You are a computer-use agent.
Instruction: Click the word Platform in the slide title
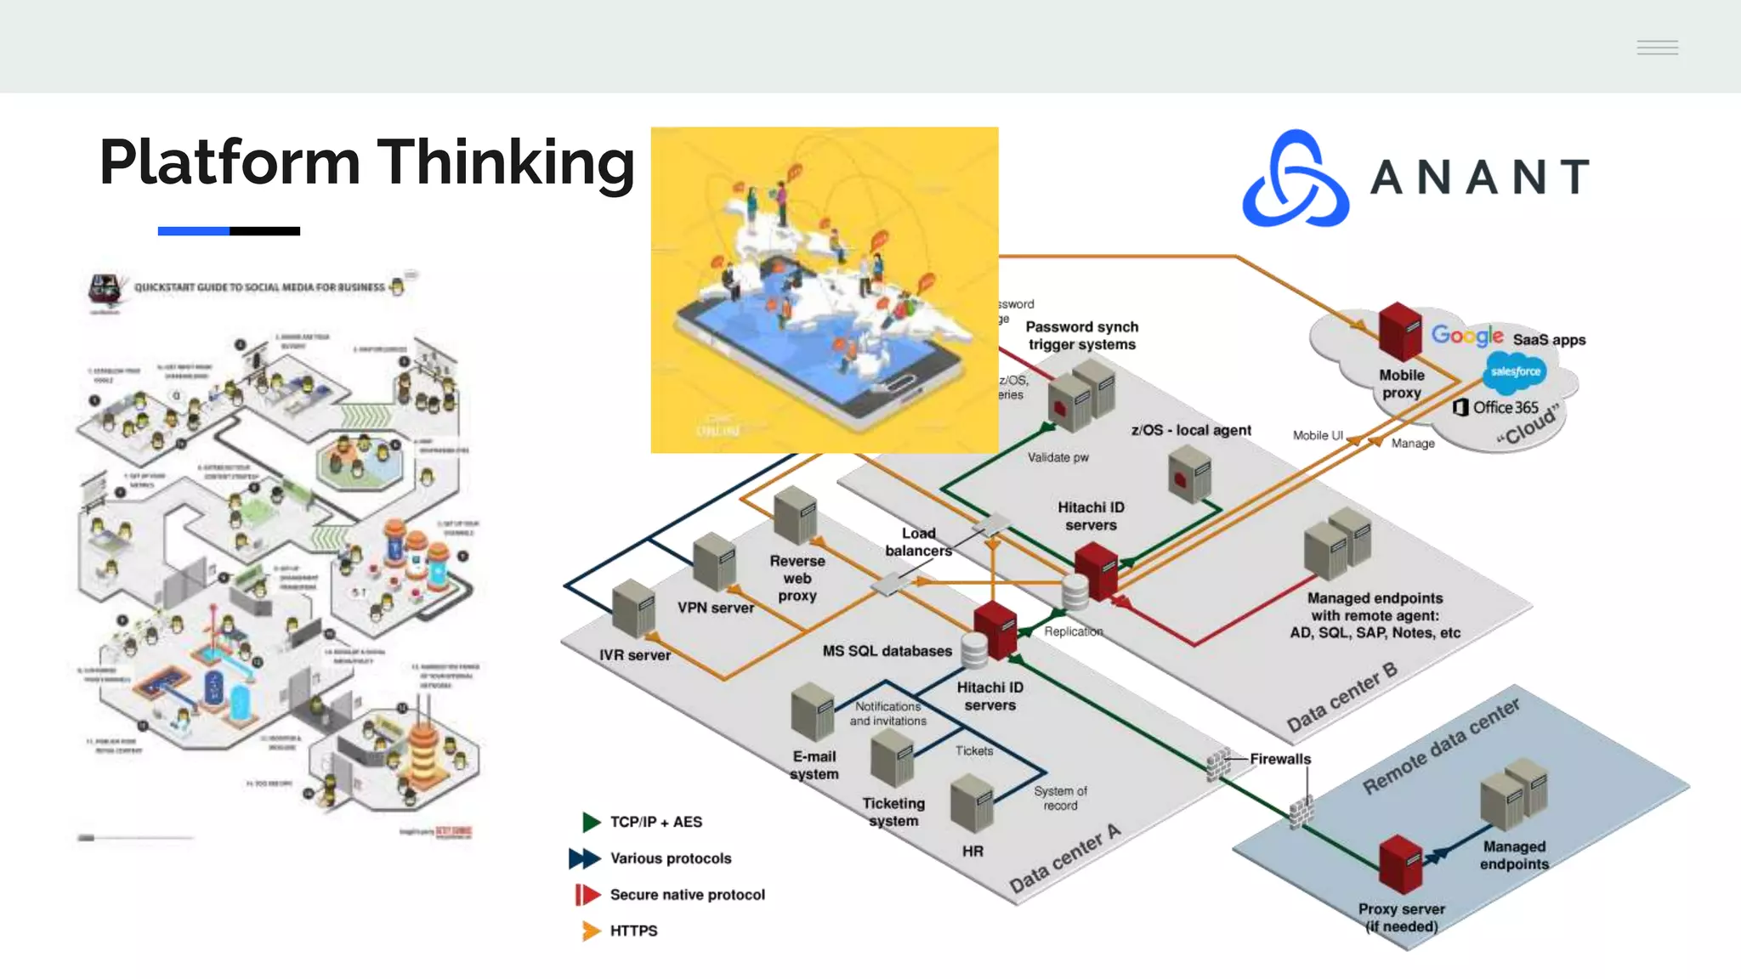click(x=230, y=162)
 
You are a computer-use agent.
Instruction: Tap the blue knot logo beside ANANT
click(x=1296, y=179)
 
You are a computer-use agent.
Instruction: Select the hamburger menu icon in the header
click(x=1657, y=48)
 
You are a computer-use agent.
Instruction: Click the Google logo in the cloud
click(x=1466, y=335)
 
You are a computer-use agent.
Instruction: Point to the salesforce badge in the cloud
click(x=1515, y=371)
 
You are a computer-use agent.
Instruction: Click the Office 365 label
click(x=1505, y=407)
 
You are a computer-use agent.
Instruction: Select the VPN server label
click(x=715, y=608)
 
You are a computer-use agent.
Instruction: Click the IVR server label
click(x=634, y=655)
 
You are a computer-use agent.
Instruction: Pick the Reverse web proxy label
click(x=797, y=578)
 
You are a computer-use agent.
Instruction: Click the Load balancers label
click(x=918, y=541)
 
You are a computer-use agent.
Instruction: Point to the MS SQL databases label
click(x=887, y=651)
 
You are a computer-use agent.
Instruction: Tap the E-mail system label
click(x=814, y=765)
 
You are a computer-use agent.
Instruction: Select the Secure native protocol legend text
click(x=687, y=895)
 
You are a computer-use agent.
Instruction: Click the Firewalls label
click(x=1279, y=759)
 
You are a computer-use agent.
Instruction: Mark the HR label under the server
click(x=973, y=851)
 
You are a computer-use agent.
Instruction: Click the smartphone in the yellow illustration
click(x=816, y=348)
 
